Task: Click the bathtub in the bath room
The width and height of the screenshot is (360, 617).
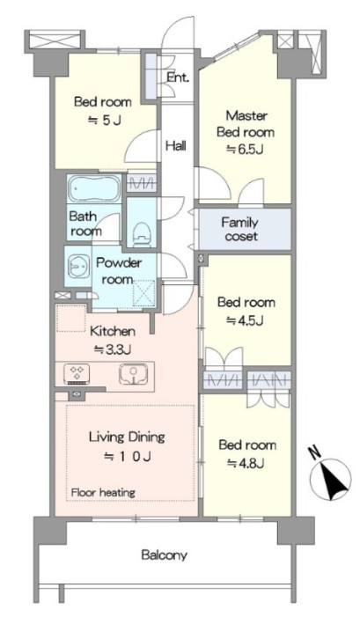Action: pos(94,189)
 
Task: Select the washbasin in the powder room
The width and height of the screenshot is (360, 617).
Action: pos(78,267)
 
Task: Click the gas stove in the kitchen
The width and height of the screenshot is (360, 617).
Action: pos(78,374)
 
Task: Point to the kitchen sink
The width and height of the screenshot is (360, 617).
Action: pos(134,374)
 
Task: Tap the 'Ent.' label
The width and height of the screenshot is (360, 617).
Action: pos(178,77)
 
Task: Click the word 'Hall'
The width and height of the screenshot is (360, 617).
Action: pos(176,145)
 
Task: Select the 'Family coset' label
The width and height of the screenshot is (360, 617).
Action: pos(240,229)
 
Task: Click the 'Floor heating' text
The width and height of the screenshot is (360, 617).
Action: pos(103,492)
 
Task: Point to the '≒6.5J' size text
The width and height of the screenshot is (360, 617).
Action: pos(244,150)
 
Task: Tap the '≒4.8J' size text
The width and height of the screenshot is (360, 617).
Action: pos(246,464)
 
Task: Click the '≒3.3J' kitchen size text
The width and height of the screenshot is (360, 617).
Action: pos(113,349)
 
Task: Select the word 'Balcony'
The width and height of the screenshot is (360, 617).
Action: pos(165,555)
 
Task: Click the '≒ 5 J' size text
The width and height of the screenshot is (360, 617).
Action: pos(104,120)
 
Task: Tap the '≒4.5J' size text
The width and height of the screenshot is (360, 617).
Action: pos(245,321)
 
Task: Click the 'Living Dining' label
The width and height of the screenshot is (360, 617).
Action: pos(127,437)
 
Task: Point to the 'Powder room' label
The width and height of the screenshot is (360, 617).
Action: pos(119,271)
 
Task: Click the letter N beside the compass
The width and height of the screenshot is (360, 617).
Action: pos(315,454)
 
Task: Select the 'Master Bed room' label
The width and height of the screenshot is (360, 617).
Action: pos(246,123)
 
